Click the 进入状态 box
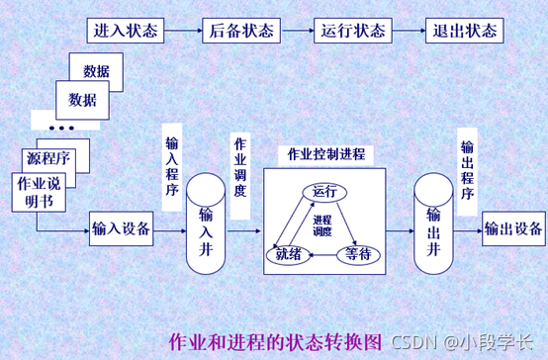click(x=126, y=30)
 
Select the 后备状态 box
click(x=239, y=30)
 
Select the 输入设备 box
click(x=121, y=229)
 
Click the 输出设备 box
click(x=513, y=229)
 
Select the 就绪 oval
click(x=284, y=254)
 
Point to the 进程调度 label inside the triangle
click(x=321, y=225)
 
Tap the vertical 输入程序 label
click(x=173, y=163)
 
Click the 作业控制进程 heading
click(x=325, y=154)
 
